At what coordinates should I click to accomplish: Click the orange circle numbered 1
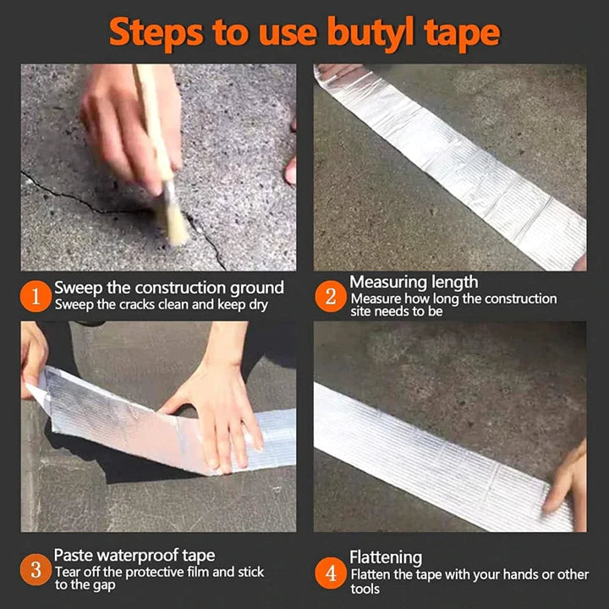[35, 297]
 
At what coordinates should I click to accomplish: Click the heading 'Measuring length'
[414, 283]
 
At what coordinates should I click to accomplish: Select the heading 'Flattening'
[386, 557]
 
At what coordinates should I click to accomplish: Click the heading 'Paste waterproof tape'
[134, 555]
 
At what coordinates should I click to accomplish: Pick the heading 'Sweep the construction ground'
[169, 288]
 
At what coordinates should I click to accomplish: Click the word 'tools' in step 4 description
[365, 589]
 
